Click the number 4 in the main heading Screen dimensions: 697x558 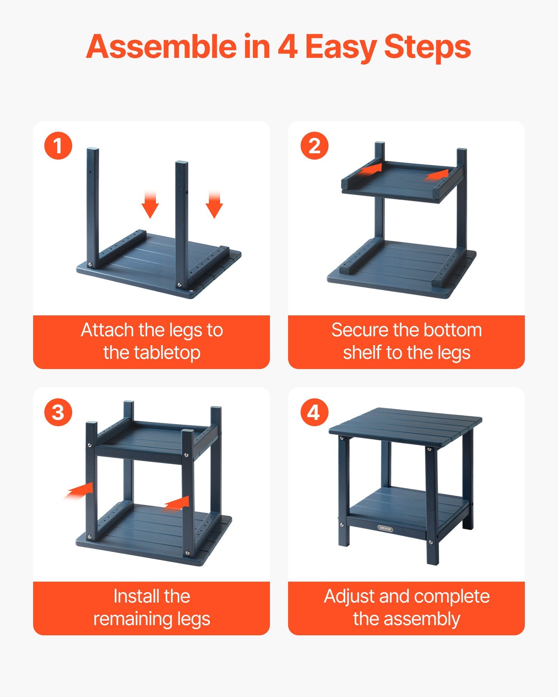point(287,47)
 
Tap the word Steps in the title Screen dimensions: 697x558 point(427,47)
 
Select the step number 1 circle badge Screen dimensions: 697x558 point(58,146)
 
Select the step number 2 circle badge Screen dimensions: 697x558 point(314,146)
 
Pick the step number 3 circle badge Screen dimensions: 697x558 point(58,413)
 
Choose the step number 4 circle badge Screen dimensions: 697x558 point(314,413)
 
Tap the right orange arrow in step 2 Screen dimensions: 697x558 point(438,175)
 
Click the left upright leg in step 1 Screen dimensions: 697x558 point(93,205)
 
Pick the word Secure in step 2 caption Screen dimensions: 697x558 point(360,330)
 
